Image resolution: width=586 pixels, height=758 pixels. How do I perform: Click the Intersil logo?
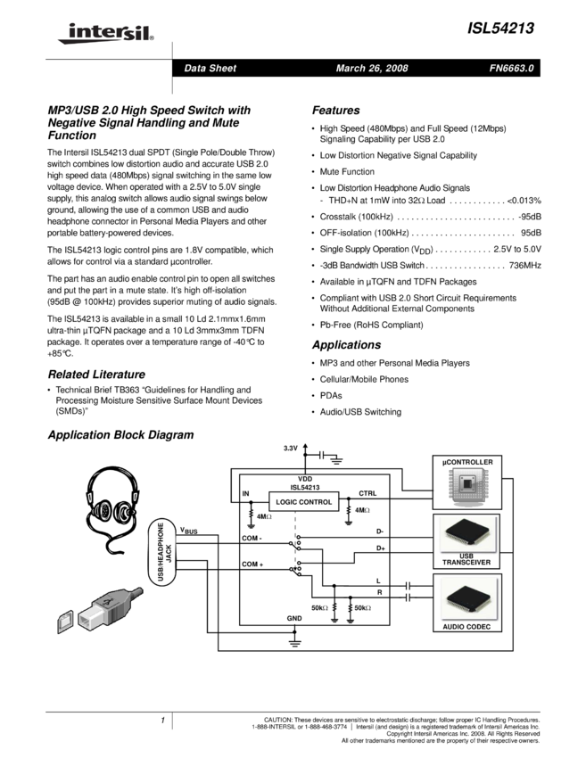103,34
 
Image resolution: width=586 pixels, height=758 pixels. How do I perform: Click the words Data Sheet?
210,69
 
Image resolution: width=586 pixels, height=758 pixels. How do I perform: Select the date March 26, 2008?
372,69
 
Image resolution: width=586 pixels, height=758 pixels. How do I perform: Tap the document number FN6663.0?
512,69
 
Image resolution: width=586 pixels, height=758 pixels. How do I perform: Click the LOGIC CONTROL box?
304,502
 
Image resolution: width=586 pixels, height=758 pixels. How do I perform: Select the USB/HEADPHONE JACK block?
163,553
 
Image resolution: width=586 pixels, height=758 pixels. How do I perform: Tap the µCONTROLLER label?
466,462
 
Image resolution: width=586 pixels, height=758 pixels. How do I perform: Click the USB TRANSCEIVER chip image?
466,534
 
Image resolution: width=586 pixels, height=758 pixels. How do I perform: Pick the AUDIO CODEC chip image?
466,597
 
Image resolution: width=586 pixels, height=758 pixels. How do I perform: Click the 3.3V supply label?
291,448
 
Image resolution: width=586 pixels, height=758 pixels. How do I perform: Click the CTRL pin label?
367,493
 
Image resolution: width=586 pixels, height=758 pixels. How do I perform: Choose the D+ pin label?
381,548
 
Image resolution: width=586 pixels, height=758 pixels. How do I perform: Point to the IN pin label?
246,493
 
